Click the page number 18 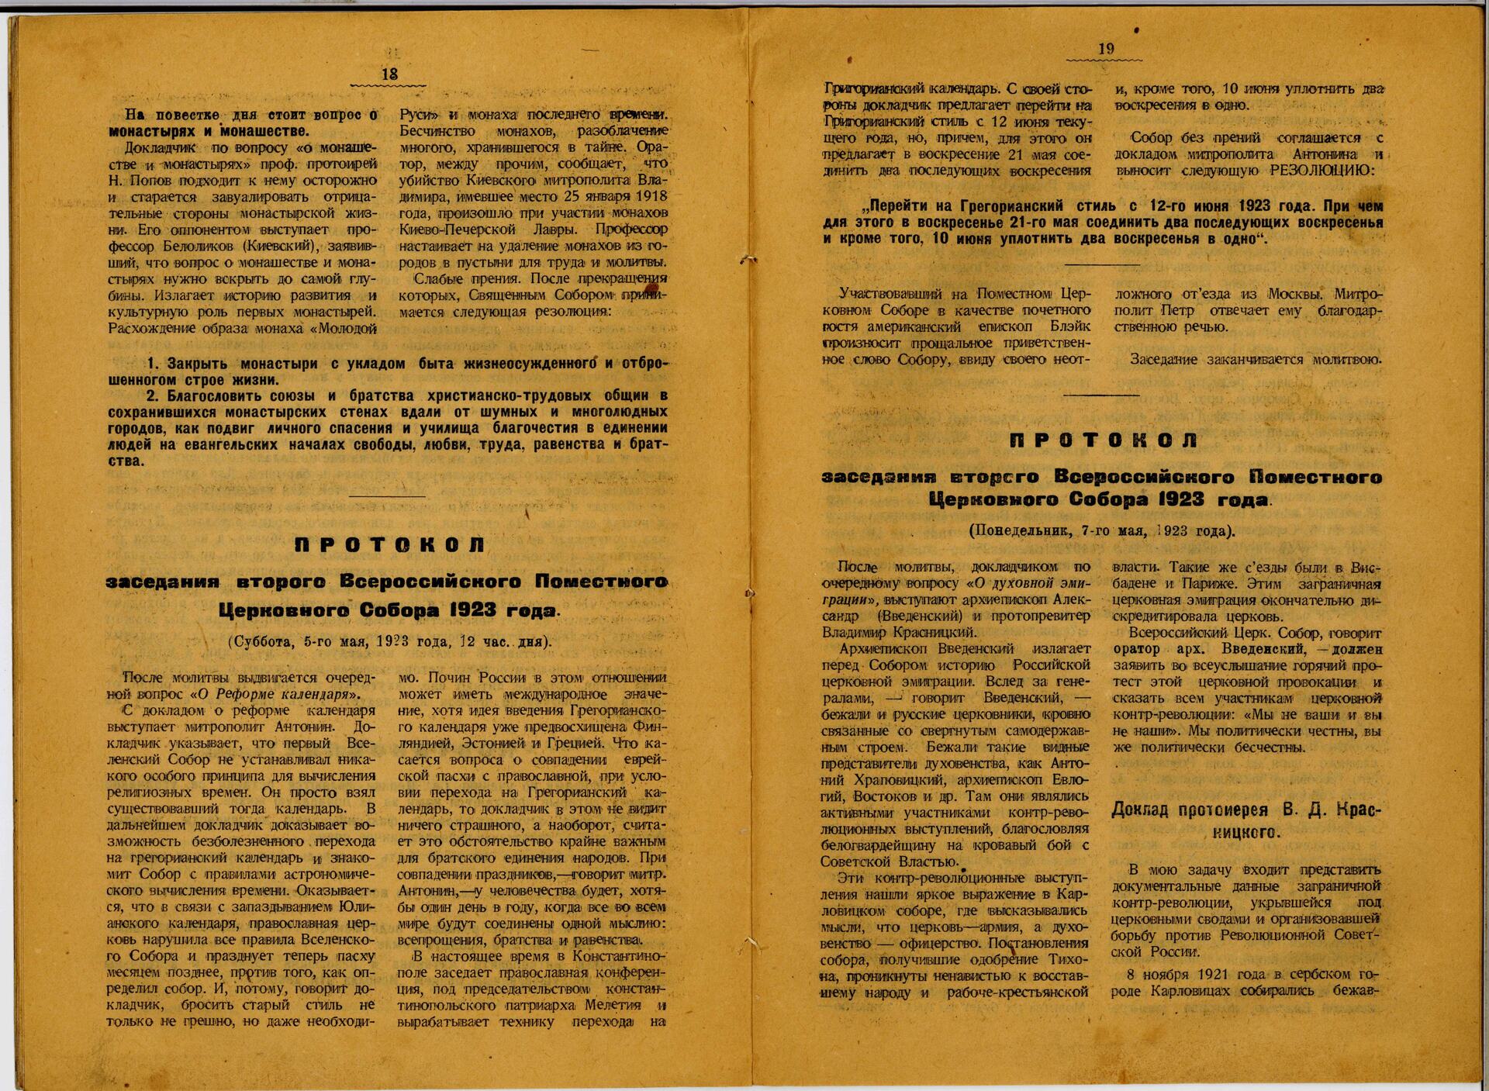point(389,74)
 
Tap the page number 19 point(1107,49)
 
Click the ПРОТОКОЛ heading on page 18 point(390,545)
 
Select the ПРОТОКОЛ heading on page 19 point(1104,440)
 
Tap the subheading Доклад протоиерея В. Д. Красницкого point(1246,821)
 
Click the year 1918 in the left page point(651,195)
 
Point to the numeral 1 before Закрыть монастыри point(152,364)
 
